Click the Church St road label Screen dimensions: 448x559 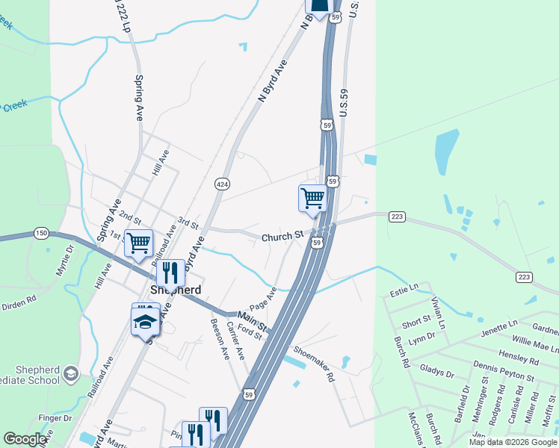[282, 237]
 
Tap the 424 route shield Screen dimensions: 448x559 [222, 183]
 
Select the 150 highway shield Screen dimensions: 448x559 [41, 234]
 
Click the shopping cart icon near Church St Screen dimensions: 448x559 [312, 198]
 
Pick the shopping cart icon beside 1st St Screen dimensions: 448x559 [138, 242]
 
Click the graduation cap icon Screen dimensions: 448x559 [145, 322]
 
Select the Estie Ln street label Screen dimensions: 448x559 [404, 288]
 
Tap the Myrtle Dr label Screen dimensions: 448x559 [66, 260]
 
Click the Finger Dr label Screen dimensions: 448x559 [56, 418]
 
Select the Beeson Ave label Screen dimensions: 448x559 [220, 339]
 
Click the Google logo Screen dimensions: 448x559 [25, 439]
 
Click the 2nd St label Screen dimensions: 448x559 [130, 217]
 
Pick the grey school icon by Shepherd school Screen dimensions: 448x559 [70, 373]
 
